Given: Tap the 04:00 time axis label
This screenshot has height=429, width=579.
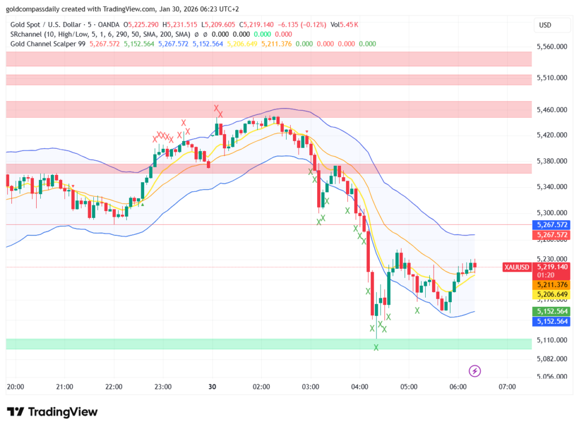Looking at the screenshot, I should pos(360,387).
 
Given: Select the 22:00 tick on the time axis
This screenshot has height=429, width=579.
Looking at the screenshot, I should pos(114,387).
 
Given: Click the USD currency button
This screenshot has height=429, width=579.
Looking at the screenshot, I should pos(546,25).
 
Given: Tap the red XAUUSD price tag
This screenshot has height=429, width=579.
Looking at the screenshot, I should pos(517,267).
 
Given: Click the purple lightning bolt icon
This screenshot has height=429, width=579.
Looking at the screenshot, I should pos(476,371).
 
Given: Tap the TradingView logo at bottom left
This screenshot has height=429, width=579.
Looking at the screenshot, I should pos(52,411).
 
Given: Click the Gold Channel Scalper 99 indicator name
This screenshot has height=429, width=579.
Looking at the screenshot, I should pos(48,44).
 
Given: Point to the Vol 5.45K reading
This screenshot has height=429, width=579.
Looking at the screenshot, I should pos(344,25).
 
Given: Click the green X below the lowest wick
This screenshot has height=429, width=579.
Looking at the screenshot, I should pos(376,347).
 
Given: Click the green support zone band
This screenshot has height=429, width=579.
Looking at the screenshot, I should pos(269,344).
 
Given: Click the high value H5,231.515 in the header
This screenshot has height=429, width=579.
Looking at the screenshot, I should pos(180,25).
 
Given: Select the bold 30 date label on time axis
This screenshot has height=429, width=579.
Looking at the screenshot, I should pos(213,387).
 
